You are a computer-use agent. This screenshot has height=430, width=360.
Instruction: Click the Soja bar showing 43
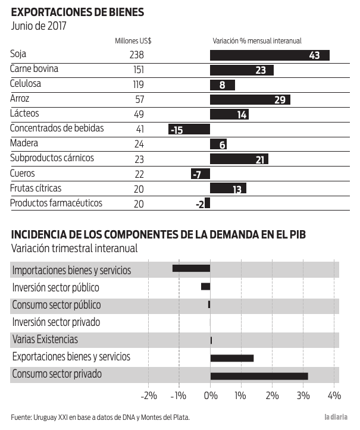(x=270, y=55)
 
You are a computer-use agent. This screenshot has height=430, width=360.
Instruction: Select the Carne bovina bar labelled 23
(x=242, y=70)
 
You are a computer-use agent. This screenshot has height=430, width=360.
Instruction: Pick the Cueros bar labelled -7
(x=200, y=174)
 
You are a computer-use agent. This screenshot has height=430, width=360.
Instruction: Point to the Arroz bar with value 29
(x=250, y=100)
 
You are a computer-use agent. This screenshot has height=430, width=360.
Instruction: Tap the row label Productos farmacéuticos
(x=56, y=203)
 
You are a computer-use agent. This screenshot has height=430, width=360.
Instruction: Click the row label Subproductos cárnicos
(x=52, y=159)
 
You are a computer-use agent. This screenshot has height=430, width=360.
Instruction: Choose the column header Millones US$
(x=133, y=41)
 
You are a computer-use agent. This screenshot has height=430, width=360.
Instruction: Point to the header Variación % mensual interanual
(x=257, y=41)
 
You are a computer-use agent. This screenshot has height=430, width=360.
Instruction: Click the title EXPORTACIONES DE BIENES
(x=77, y=12)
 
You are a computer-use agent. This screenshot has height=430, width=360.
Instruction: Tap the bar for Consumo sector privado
(x=259, y=376)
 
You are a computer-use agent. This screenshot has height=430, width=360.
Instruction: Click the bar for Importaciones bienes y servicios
(x=191, y=268)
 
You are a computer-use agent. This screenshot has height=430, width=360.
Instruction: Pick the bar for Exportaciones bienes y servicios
(x=232, y=358)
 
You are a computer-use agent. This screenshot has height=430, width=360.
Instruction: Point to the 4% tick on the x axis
(x=334, y=396)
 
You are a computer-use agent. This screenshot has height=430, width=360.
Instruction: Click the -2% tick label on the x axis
(x=148, y=396)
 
